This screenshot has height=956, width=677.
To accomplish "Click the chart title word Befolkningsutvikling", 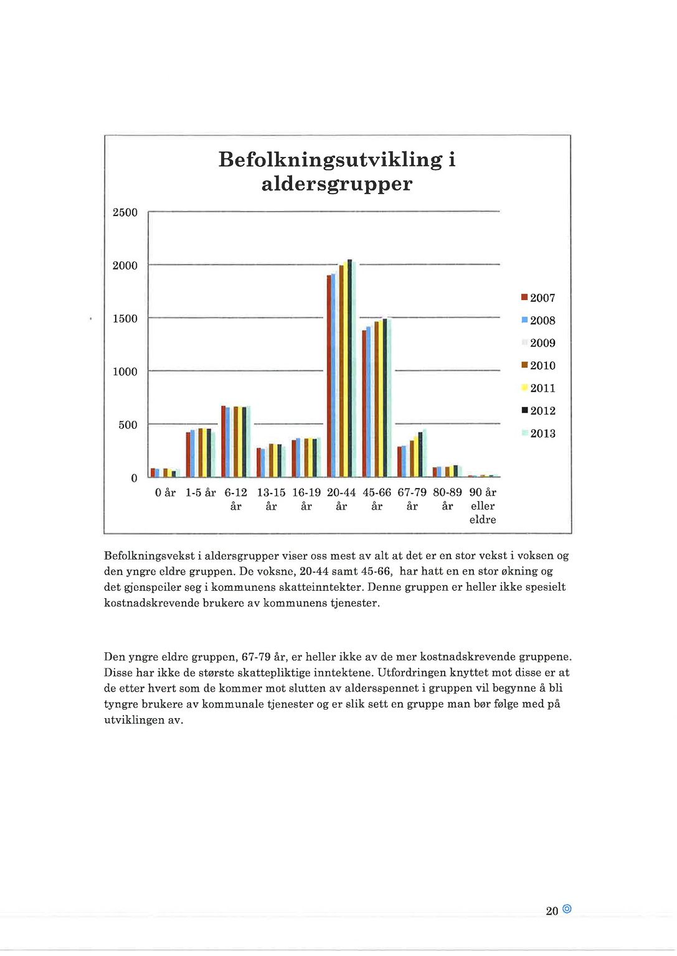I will (330, 159).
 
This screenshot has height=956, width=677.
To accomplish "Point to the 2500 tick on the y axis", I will (125, 213).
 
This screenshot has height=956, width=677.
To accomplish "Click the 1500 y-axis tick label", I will (125, 319).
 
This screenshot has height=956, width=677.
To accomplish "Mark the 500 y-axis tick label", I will (128, 425).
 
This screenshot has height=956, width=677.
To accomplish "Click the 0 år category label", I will (165, 493).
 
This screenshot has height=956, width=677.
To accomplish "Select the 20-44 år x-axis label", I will (341, 499).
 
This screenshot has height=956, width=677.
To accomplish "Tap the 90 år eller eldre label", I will (483, 505).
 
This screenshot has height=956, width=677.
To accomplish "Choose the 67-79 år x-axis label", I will (412, 499).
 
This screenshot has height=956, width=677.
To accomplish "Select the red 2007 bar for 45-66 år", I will (364, 403).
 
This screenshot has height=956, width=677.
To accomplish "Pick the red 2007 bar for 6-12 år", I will (223, 441).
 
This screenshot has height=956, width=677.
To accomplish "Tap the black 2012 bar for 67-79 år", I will (420, 454).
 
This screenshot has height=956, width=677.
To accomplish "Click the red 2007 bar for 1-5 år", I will (188, 454).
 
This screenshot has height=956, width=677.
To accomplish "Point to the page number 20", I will (552, 911).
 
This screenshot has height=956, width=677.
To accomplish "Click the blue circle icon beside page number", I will (567, 909).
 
